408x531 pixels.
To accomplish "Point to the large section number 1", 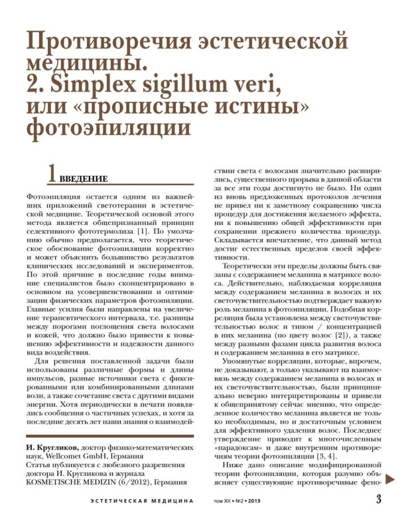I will [50, 174].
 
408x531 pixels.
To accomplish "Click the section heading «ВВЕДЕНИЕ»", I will [83, 179].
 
